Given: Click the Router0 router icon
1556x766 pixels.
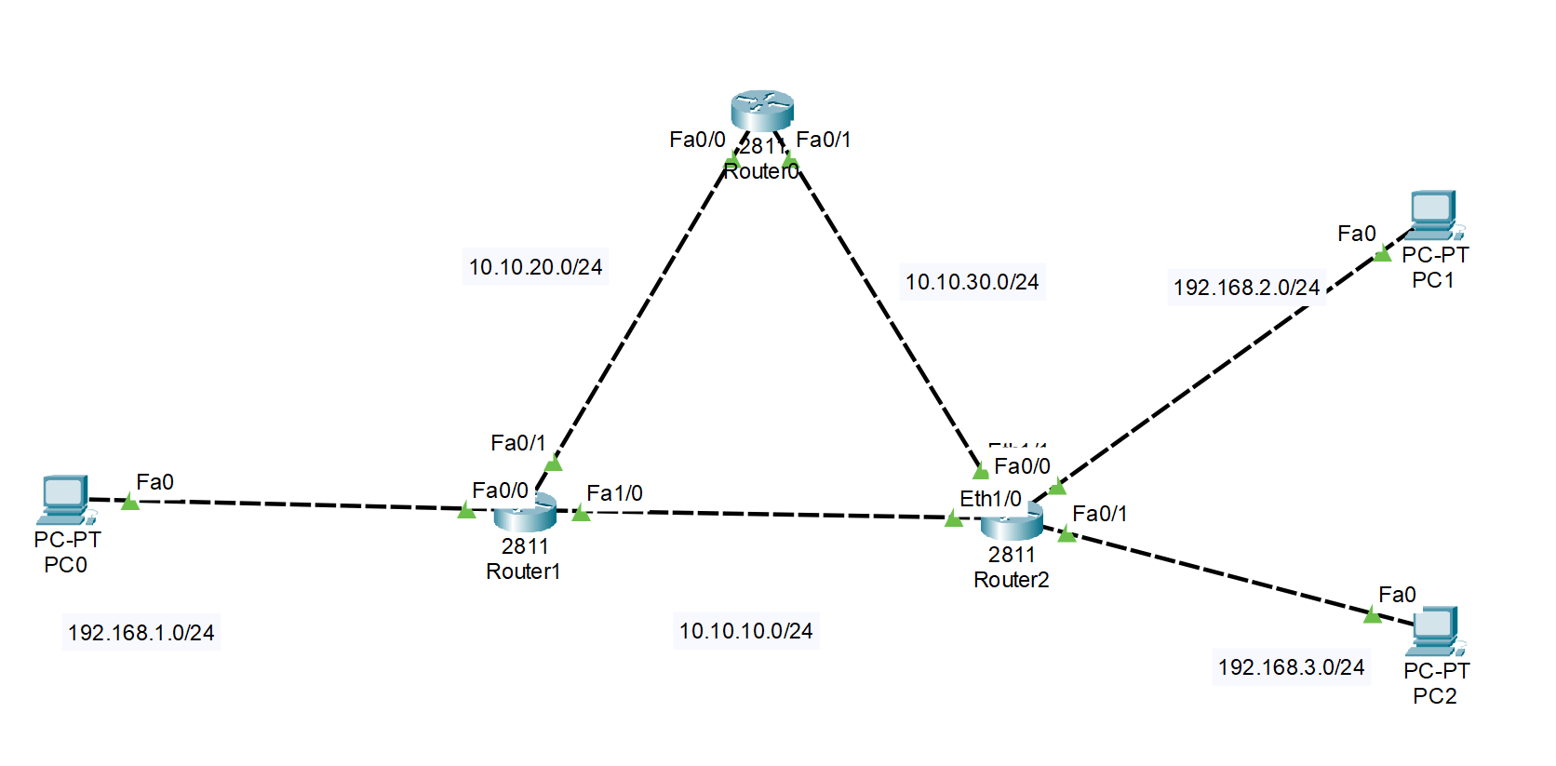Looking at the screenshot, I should [x=761, y=110].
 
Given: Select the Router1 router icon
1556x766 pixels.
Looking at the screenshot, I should [x=525, y=513].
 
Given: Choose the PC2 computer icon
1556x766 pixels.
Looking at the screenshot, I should [x=1436, y=631].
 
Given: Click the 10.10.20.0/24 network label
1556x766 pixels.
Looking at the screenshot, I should [x=535, y=267].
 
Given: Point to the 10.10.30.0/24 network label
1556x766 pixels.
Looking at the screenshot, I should [x=972, y=282].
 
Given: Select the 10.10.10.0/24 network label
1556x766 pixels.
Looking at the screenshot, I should [x=745, y=631].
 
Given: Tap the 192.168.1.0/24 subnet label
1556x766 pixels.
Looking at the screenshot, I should [x=141, y=633].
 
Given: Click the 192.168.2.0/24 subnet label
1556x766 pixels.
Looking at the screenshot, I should [x=1246, y=288].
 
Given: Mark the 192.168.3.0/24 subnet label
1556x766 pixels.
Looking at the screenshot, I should [x=1291, y=667].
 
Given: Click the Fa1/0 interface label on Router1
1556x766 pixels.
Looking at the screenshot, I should [x=614, y=493].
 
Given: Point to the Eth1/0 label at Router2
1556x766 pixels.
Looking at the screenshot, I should [x=990, y=499].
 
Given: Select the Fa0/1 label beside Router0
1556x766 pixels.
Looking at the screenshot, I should [x=823, y=140].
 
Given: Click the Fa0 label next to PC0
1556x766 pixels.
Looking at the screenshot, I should [x=154, y=482].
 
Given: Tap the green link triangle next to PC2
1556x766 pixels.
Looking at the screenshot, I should [x=1372, y=614].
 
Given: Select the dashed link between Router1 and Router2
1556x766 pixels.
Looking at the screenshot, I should [x=763, y=514].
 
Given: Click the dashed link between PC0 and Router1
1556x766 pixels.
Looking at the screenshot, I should [x=298, y=504].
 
